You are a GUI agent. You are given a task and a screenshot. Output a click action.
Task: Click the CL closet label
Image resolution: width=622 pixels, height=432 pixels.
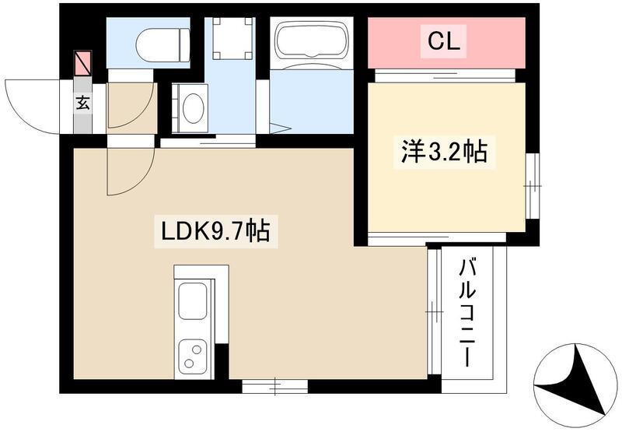(441, 42)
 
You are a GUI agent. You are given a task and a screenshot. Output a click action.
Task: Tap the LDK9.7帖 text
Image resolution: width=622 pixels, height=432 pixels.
(215, 231)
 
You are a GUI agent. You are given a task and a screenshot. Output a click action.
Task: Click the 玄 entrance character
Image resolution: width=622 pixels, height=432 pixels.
(82, 102)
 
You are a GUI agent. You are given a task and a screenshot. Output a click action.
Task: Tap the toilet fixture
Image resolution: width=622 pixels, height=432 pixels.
(163, 44)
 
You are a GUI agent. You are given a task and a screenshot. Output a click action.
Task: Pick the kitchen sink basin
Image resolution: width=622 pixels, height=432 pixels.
(192, 300)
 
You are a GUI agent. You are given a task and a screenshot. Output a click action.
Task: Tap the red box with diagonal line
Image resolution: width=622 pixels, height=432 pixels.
(82, 63)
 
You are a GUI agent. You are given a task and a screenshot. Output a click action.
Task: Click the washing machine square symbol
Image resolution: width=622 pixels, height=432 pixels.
(229, 37)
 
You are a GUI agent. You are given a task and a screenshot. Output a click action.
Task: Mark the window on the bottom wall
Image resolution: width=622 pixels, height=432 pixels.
(275, 384)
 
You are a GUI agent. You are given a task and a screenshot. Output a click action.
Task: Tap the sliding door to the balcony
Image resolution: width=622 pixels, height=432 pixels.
(432, 312)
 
